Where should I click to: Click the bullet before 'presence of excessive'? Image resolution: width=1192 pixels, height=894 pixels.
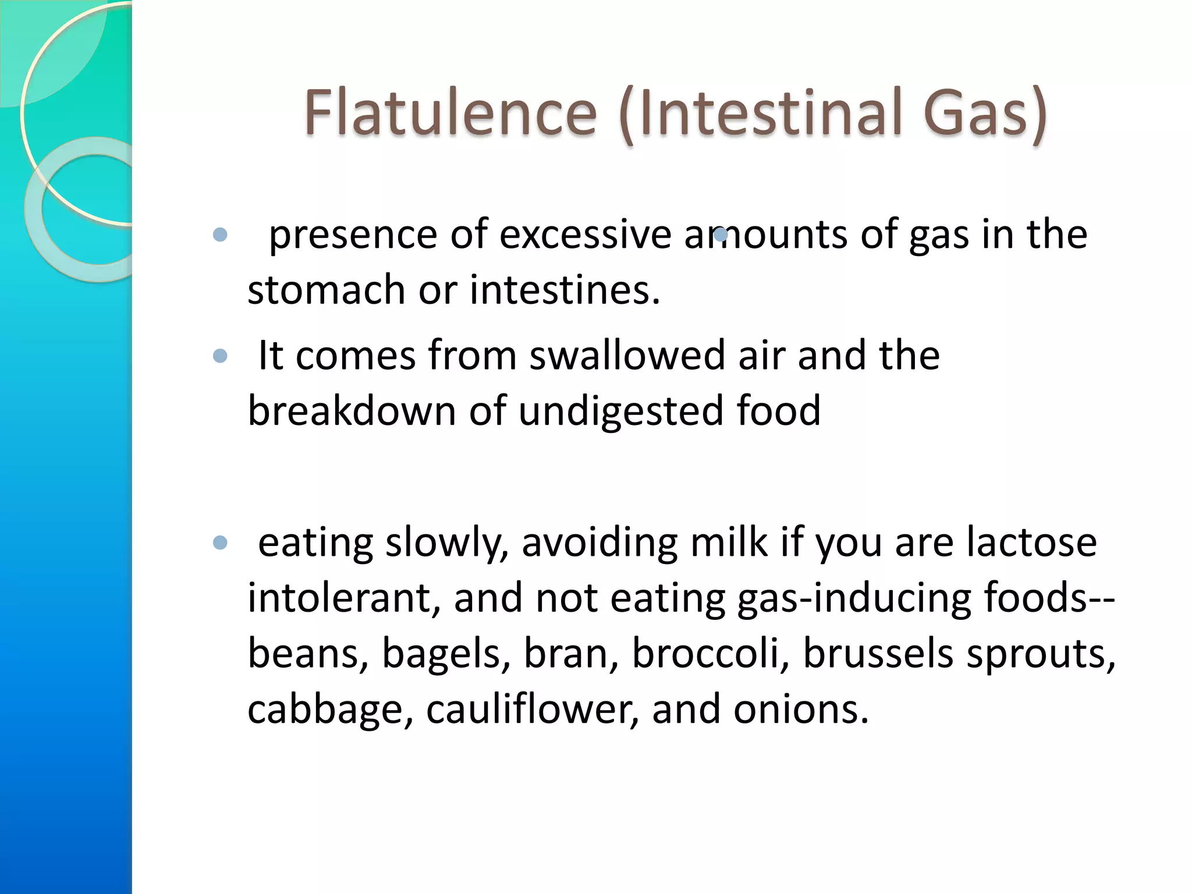[220, 235]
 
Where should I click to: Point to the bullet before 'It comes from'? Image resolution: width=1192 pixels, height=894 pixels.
[220, 356]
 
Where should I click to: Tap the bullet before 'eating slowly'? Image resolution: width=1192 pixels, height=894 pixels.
[220, 543]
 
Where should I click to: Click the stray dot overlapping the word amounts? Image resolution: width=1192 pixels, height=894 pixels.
[721, 235]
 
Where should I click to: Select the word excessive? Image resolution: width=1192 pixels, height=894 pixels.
[586, 235]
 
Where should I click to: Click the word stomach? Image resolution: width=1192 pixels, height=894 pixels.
[327, 290]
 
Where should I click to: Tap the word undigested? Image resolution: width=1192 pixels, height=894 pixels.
[620, 411]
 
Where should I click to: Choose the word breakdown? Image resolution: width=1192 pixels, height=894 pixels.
[352, 411]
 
